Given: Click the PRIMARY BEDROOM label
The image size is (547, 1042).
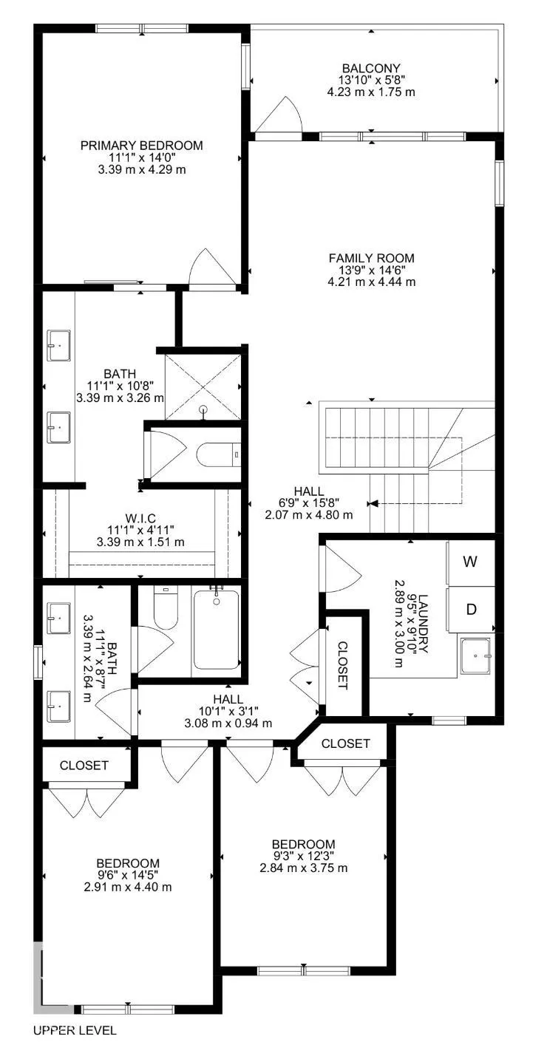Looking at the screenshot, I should [141, 146].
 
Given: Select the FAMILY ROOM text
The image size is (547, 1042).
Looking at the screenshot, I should [371, 258].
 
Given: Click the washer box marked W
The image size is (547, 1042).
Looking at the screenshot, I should [470, 561].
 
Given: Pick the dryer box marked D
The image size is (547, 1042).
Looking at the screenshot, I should [470, 610].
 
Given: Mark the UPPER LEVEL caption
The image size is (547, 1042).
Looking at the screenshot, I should [75, 1029].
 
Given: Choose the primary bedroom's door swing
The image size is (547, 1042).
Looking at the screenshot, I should [212, 268].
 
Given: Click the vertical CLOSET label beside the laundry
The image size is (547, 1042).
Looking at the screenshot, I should [343, 665].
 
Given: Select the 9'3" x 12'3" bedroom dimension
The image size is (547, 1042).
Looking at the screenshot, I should [303, 856].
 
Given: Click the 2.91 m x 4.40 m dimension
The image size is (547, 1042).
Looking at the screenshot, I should [128, 887].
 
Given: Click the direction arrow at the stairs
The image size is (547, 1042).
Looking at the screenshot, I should [373, 503].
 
